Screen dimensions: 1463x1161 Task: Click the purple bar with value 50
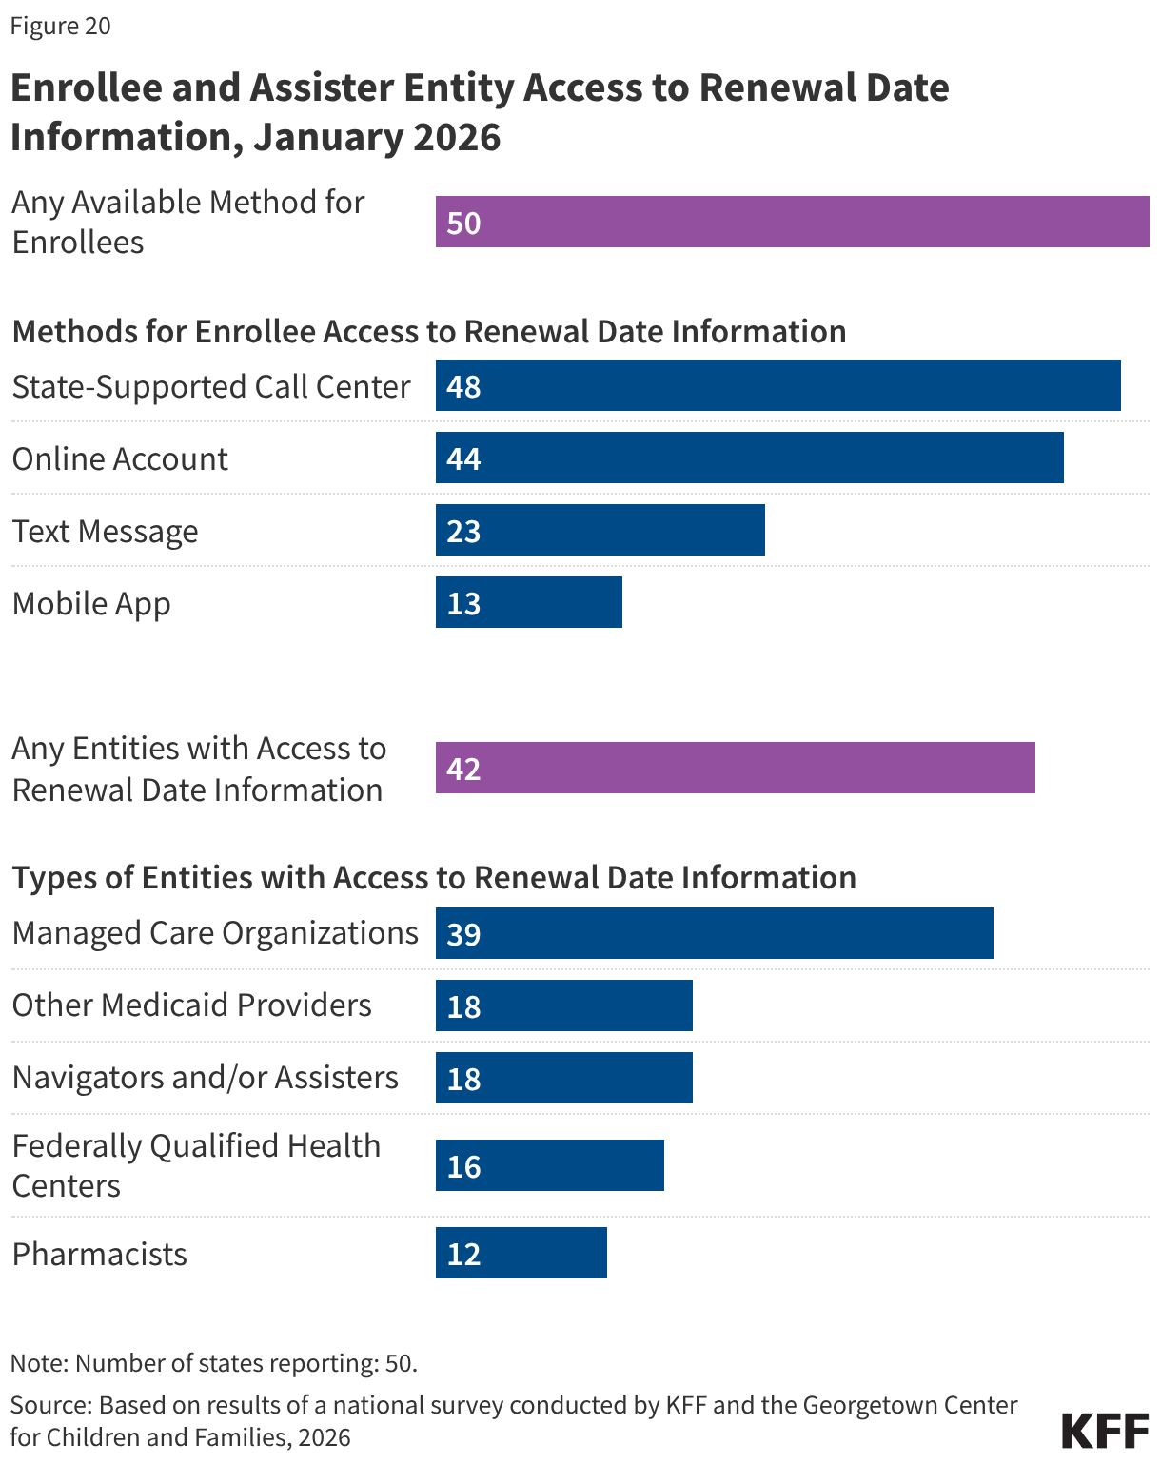point(792,222)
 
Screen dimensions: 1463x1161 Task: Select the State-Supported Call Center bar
point(777,385)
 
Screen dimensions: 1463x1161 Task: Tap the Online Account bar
point(749,458)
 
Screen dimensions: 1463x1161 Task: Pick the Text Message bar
point(600,530)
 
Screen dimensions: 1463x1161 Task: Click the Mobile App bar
point(528,602)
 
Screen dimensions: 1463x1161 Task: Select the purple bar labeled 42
point(735,768)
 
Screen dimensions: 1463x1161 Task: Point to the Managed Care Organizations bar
point(714,933)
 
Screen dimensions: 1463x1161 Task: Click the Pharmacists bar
point(521,1253)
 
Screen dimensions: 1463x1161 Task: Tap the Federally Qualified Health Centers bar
point(549,1165)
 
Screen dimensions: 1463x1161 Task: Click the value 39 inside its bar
point(463,934)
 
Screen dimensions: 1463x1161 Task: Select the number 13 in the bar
point(463,603)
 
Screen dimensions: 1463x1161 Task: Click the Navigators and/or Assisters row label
point(205,1077)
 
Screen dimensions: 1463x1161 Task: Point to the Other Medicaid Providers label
point(191,1005)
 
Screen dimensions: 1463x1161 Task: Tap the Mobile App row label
point(91,603)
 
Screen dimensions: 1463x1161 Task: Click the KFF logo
point(1105,1430)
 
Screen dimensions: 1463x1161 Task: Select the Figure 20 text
point(60,26)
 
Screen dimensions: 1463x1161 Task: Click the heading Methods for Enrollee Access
point(428,331)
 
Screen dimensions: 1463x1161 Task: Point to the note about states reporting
point(214,1363)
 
